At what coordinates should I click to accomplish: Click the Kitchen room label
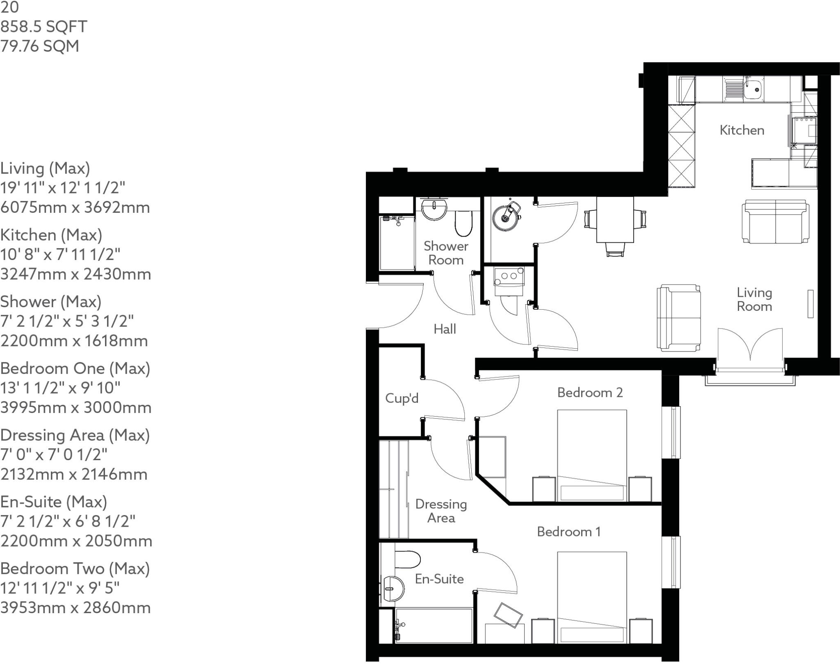[742, 130]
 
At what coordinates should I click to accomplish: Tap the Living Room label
[754, 299]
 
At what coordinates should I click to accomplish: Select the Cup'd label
[402, 398]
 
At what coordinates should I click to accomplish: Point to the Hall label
[445, 329]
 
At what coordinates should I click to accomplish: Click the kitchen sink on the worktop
[753, 89]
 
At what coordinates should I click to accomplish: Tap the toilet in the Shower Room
[463, 223]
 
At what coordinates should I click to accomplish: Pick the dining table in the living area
[614, 220]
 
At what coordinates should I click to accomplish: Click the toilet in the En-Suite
[407, 559]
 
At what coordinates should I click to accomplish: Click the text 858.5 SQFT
[43, 27]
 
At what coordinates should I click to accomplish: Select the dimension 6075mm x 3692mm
[75, 208]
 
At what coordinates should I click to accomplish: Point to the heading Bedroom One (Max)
[75, 368]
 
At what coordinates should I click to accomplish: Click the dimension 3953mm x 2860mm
[75, 607]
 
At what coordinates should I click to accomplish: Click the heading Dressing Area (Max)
[75, 435]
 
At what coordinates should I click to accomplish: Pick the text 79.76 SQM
[40, 46]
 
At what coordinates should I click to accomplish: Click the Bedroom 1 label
[568, 532]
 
